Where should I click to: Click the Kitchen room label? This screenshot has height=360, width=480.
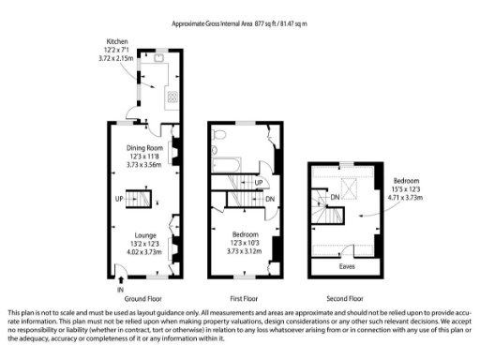point(118,41)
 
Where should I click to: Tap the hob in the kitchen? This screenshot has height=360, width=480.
point(172,96)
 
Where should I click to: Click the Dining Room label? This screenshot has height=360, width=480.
point(145,148)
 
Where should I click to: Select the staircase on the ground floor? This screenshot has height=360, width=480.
point(143,199)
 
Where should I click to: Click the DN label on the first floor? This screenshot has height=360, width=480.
point(270,199)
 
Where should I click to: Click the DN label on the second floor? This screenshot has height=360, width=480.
point(334,197)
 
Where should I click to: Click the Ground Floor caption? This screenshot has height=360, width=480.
point(143,297)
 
